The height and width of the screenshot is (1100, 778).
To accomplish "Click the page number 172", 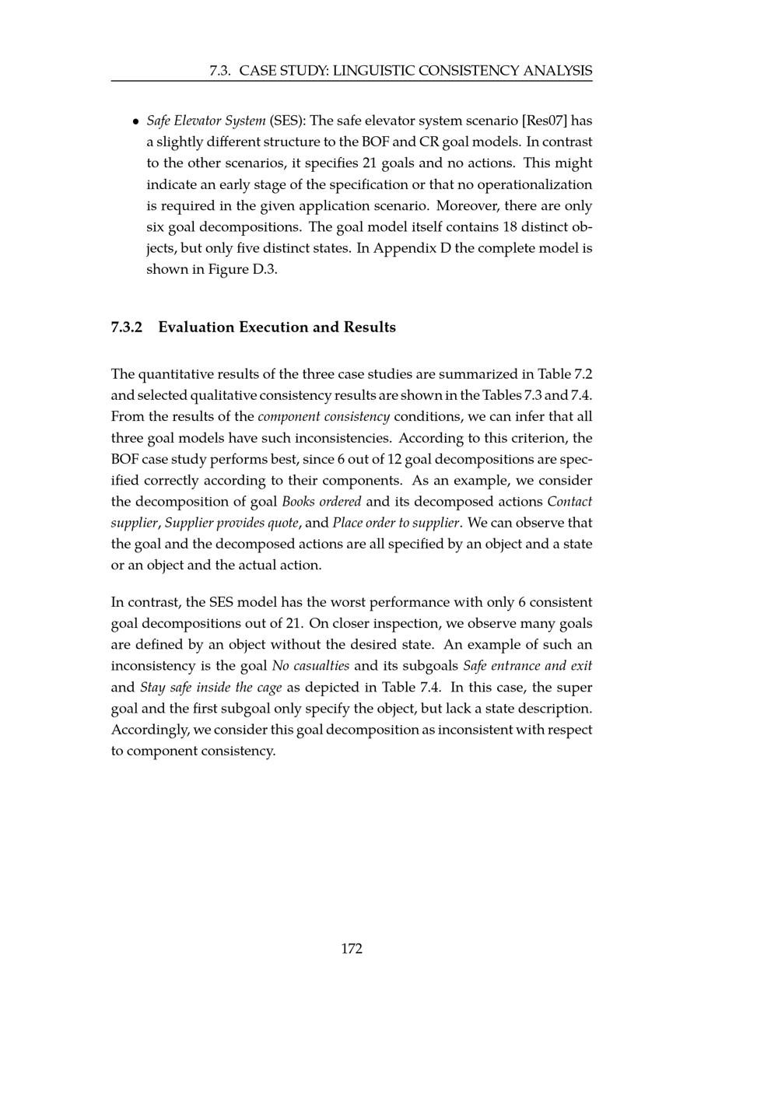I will point(352,948).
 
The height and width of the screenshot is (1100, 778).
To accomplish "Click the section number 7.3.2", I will point(127,327).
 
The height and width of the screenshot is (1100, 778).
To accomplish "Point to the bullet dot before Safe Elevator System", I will point(135,121).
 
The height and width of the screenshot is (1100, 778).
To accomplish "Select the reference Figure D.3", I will point(234,270).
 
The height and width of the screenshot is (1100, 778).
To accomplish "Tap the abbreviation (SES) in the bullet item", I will point(287,121).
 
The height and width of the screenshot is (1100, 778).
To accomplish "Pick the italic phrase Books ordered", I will point(321,502).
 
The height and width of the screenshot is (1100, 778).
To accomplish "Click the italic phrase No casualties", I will point(310,666).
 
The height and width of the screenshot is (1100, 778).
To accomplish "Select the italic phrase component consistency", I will point(324,417).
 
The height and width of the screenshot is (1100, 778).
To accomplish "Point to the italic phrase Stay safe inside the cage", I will point(211,688).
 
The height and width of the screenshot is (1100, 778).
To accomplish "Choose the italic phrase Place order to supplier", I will point(395,523).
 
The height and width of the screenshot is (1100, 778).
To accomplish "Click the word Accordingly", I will point(149,730).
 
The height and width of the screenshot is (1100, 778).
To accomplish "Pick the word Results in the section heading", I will point(370,327).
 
